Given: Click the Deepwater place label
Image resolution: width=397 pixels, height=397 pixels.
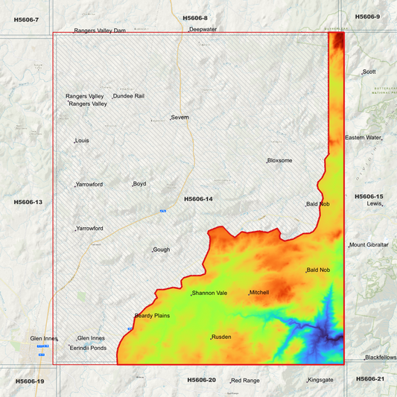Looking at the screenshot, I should point(203,29).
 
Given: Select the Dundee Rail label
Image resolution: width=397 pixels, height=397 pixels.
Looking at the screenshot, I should point(129,96).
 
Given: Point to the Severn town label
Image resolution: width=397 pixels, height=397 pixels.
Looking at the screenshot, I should point(180,118).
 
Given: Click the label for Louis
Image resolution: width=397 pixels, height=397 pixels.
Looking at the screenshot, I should point(82,140).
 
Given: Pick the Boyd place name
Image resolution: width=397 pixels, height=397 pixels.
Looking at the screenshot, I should point(139,184).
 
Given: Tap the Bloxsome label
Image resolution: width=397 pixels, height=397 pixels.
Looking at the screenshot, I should point(280,160).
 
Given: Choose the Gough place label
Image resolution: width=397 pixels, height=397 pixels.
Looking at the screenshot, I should point(162,250).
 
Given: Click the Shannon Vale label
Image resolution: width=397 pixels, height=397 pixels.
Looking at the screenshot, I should point(209,293).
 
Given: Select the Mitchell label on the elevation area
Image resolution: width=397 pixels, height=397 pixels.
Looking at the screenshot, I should point(259,293).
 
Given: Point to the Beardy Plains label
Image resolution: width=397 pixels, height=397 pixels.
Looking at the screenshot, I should point(152,316).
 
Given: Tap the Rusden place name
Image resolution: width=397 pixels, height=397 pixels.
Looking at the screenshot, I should point(221,337).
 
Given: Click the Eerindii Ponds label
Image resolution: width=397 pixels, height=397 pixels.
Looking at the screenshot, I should point(89,348).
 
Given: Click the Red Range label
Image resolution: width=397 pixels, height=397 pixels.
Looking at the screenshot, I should point(246,380).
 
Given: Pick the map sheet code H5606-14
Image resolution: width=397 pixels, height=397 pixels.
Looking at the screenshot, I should point(198,199).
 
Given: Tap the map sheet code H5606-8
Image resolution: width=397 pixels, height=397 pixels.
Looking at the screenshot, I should point(195,17).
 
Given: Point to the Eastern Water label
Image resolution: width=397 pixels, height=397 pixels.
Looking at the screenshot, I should point(363,138).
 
